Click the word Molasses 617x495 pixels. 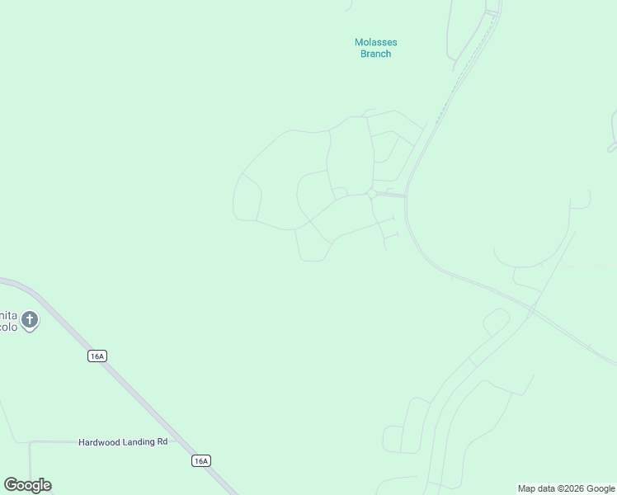pyautogui.click(x=375, y=43)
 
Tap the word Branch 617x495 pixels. pyautogui.click(x=375, y=54)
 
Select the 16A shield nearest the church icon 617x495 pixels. pyautogui.click(x=97, y=356)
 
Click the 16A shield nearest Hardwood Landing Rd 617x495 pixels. pyautogui.click(x=201, y=460)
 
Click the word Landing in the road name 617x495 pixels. pyautogui.click(x=139, y=442)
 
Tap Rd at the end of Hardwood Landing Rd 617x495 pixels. pyautogui.click(x=162, y=442)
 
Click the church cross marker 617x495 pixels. pyautogui.click(x=30, y=319)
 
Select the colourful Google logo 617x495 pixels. pyautogui.click(x=27, y=485)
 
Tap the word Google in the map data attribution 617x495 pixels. pyautogui.click(x=600, y=489)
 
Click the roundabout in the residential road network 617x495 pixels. pyautogui.click(x=372, y=194)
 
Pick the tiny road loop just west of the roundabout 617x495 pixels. pyautogui.click(x=340, y=192)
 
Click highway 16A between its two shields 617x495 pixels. pyautogui.click(x=148, y=408)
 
